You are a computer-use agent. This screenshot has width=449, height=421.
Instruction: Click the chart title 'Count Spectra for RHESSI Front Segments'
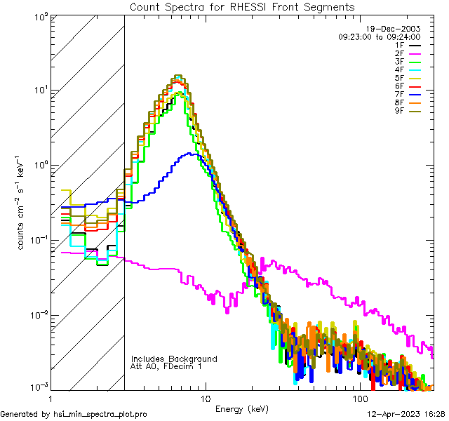242,6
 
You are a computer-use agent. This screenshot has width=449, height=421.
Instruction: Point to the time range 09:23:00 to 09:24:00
379,36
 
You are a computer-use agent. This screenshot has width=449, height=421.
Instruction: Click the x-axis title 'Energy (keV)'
241,408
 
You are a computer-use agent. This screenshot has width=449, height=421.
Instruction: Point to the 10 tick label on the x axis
205,398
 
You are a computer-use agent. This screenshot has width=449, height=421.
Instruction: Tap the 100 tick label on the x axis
359,398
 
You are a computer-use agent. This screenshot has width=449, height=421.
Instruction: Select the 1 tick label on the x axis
52,398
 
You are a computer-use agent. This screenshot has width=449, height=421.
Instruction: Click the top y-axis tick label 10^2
39,16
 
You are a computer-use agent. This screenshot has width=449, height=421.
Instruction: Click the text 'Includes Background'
174,359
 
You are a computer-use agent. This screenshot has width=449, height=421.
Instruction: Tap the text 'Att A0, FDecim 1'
166,366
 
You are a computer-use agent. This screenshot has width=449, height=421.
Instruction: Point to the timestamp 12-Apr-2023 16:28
403,415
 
